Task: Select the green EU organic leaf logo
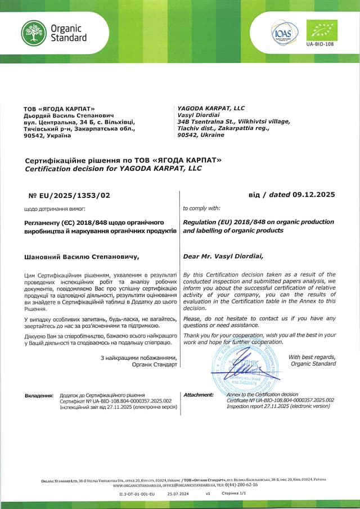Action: (x=321, y=30)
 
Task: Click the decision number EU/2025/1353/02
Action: (x=69, y=195)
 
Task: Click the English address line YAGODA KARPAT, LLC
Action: (x=211, y=107)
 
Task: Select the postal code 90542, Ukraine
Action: (x=200, y=135)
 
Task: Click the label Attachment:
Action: (x=199, y=395)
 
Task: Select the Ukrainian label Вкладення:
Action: (x=39, y=395)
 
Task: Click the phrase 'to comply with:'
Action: (x=202, y=208)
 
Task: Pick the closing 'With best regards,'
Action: (x=312, y=357)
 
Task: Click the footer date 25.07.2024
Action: (x=178, y=493)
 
